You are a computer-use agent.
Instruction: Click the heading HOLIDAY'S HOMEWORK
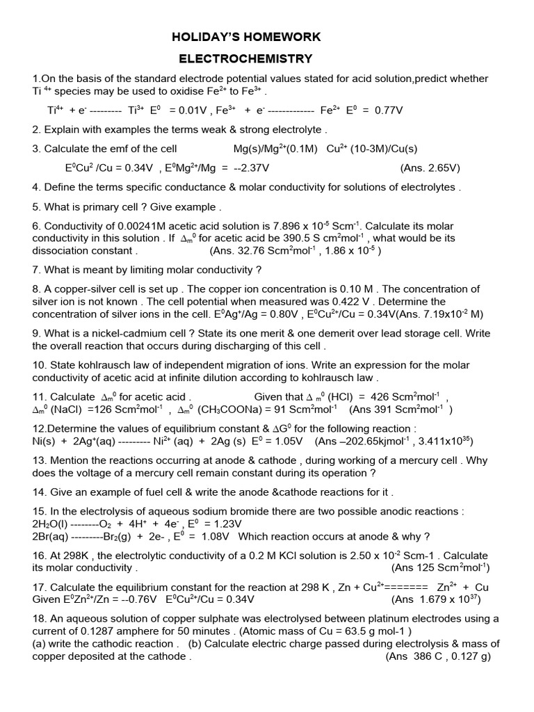(246, 37)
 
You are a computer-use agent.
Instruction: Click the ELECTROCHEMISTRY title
(246, 59)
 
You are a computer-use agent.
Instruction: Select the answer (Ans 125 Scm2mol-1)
(440, 567)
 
